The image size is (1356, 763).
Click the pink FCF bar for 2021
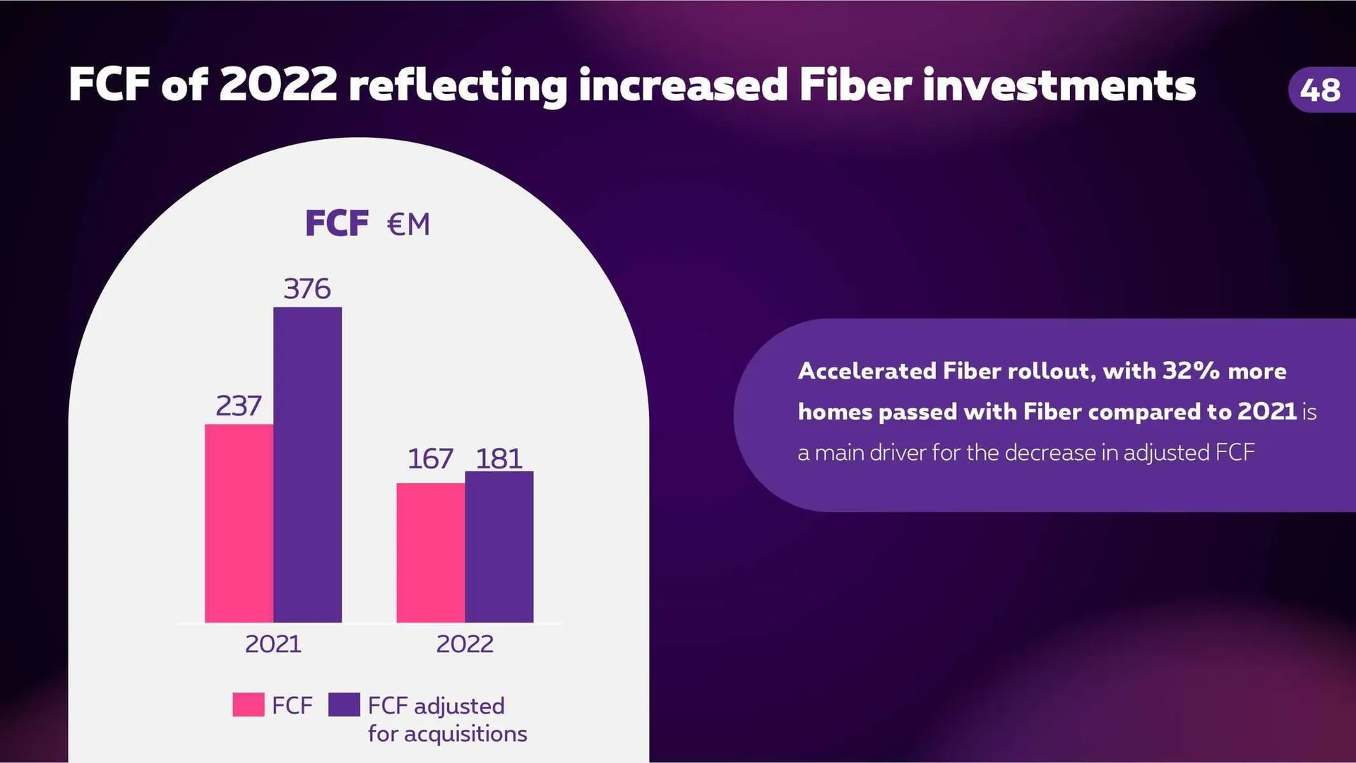(239, 523)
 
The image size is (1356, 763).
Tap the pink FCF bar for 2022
(430, 552)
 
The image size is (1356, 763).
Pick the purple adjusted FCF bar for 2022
(499, 547)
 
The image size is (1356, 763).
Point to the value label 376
(307, 289)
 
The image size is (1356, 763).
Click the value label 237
(239, 406)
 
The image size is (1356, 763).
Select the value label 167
(430, 459)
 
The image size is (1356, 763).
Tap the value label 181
(499, 459)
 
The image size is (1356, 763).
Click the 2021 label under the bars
(273, 644)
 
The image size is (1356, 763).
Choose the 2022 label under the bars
(465, 644)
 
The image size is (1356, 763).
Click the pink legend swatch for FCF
(248, 705)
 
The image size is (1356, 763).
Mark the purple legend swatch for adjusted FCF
(344, 705)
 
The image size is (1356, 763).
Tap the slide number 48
(1319, 90)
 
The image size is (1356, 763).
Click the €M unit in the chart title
(408, 225)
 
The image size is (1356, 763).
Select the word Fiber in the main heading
(855, 85)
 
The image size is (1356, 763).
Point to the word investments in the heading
(1059, 85)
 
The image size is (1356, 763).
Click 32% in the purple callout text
(1191, 371)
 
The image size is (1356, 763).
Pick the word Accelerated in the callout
(867, 371)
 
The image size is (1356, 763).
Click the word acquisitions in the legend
(465, 734)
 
